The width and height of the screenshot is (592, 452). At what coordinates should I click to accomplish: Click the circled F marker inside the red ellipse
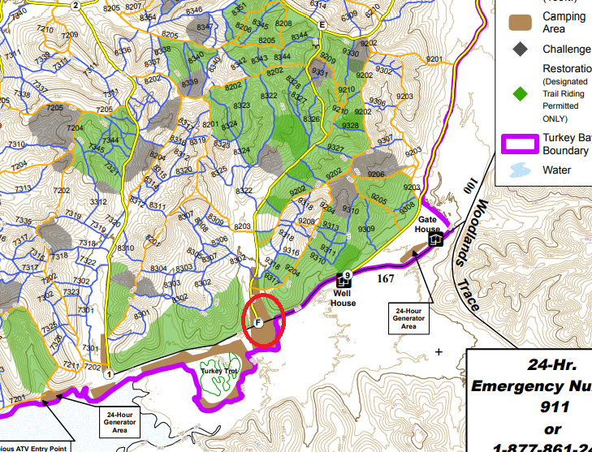click(x=257, y=322)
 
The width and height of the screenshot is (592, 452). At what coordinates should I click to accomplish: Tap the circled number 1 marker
click(x=108, y=374)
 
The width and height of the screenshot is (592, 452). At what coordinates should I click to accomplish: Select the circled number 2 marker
click(x=76, y=6)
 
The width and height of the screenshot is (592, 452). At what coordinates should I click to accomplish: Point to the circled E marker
click(x=322, y=25)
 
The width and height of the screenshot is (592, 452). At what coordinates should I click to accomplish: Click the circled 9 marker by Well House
click(x=347, y=274)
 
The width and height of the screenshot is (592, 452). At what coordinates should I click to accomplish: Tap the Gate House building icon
click(x=435, y=239)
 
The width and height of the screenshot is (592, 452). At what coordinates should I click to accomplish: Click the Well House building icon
click(x=342, y=282)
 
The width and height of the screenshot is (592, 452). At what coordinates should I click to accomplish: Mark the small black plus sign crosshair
click(x=439, y=352)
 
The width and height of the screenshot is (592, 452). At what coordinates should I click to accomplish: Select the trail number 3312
click(x=99, y=202)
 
